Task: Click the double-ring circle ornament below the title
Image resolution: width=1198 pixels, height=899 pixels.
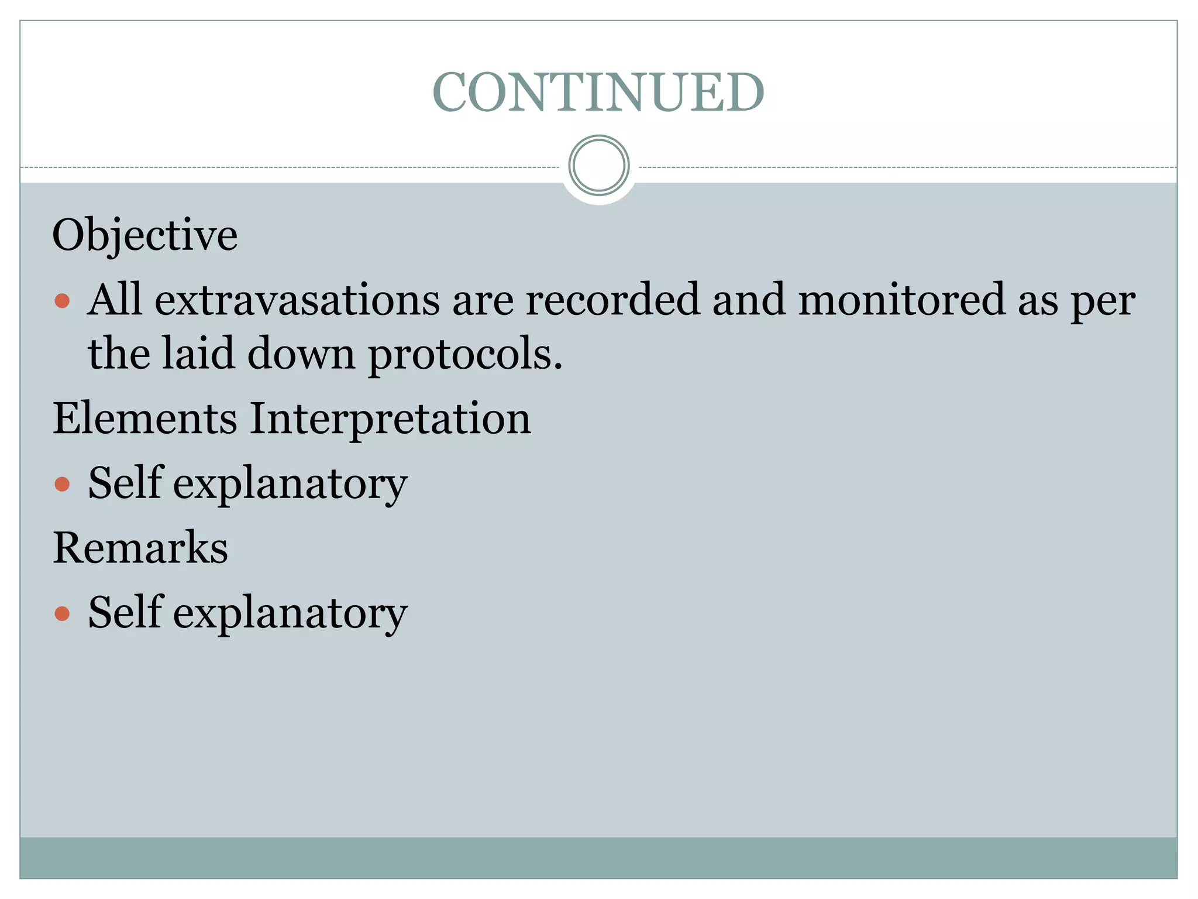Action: point(598,166)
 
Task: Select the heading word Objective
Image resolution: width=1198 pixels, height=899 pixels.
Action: point(145,235)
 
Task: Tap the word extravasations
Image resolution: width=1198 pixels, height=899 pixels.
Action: point(297,300)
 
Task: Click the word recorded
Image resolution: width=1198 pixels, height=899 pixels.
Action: point(612,300)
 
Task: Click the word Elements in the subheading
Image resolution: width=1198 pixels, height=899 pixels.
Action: point(145,419)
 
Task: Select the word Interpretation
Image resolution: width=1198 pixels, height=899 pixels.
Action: point(390,419)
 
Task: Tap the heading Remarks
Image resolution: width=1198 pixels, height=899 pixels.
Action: point(140,548)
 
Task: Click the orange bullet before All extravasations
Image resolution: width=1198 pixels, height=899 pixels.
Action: point(62,302)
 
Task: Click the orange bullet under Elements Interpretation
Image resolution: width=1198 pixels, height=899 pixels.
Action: point(62,485)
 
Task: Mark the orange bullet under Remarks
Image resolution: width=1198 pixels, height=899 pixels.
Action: point(62,614)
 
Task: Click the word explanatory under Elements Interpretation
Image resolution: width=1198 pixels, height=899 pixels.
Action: point(290,485)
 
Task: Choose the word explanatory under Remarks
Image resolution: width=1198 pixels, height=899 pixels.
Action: point(290,614)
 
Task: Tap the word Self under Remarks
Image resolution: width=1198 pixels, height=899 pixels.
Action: point(125,612)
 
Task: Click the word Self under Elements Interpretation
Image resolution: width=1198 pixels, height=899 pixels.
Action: point(125,483)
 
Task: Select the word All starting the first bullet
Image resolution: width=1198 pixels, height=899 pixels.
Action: point(115,300)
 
